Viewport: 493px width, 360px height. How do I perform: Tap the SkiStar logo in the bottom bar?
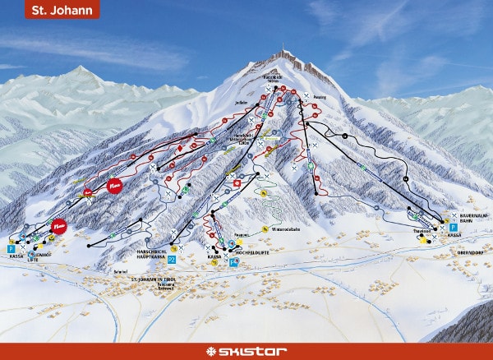coord(246,351)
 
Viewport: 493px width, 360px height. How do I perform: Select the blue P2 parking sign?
coord(172,259)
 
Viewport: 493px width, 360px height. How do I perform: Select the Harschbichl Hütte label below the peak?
coord(271,76)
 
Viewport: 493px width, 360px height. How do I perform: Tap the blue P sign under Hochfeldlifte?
coord(233,265)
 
